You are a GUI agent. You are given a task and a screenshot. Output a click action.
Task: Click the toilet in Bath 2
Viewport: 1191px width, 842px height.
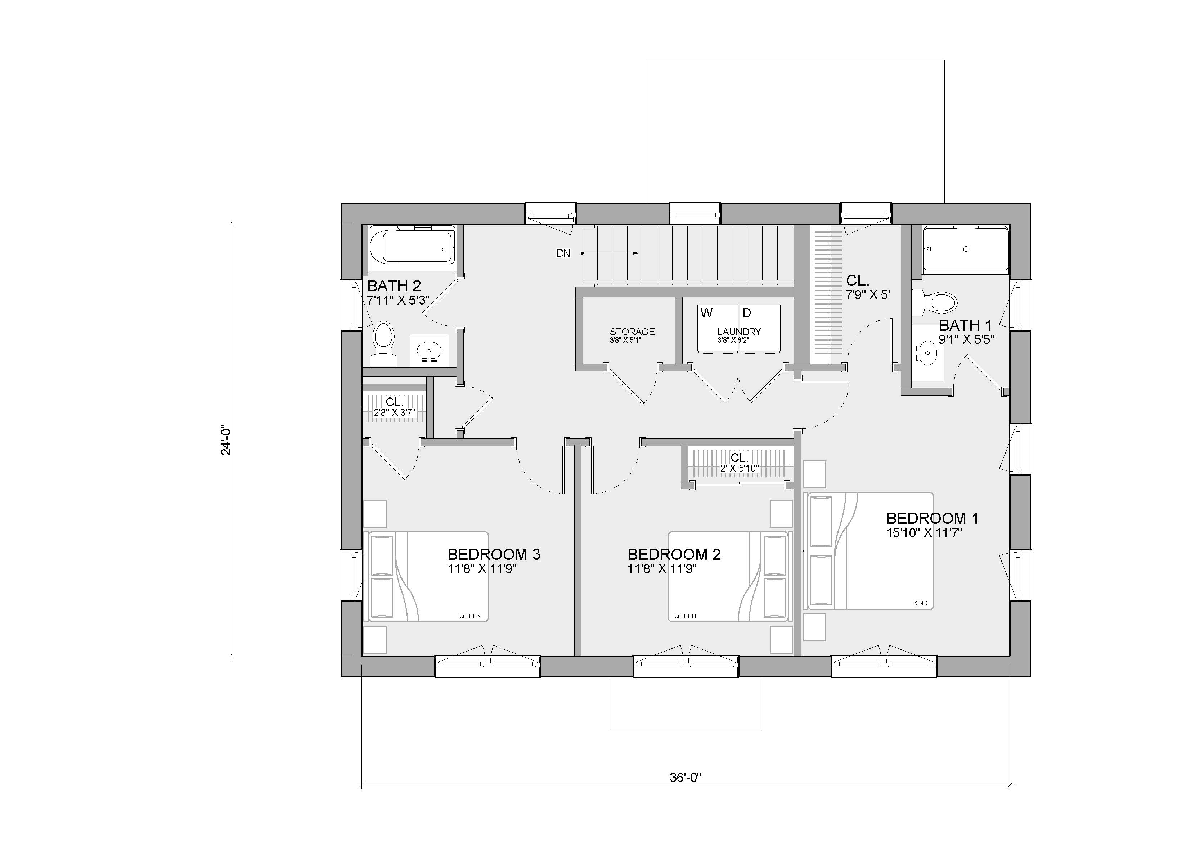(384, 343)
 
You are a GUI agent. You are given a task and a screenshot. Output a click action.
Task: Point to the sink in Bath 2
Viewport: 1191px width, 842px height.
(430, 351)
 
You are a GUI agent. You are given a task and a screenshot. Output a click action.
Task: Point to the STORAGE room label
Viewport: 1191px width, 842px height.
(632, 332)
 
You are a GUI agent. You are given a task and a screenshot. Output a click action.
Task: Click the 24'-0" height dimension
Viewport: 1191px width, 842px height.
(226, 441)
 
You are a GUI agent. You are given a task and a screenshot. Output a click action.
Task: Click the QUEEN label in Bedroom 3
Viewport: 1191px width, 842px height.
(471, 616)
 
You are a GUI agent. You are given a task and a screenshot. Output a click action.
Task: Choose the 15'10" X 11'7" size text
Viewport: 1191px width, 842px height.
(924, 533)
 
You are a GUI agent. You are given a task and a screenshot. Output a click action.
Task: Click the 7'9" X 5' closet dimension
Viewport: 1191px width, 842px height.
(868, 295)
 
